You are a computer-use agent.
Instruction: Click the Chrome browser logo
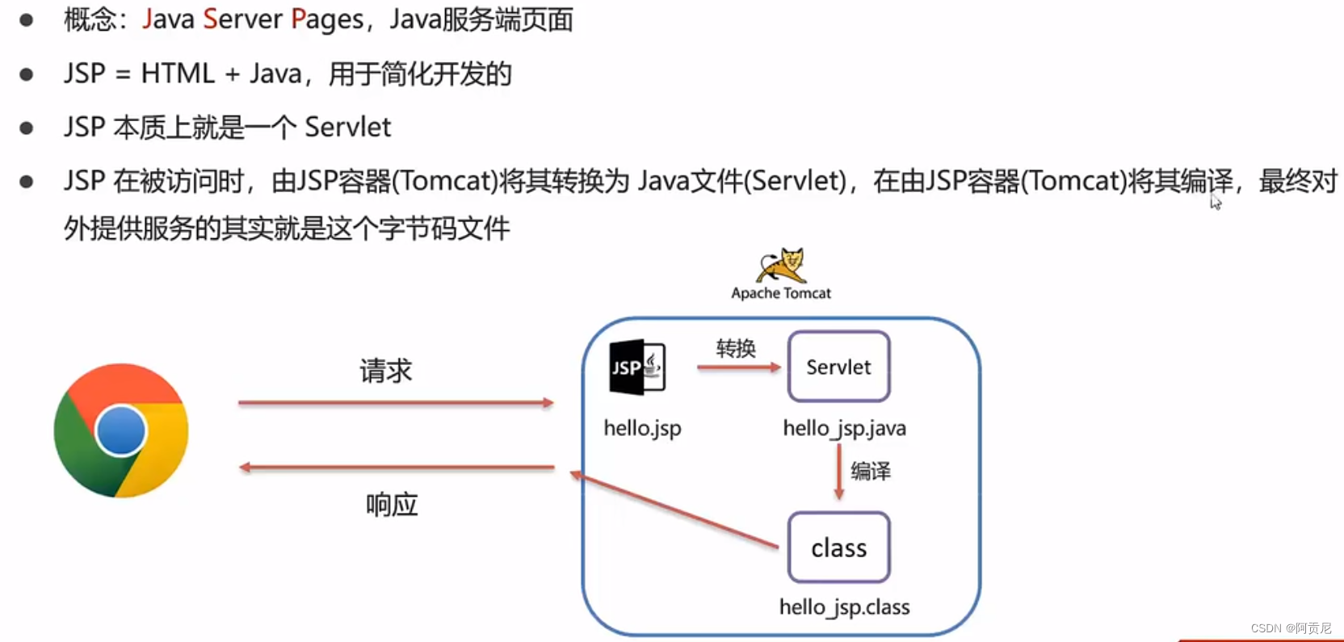[121, 430]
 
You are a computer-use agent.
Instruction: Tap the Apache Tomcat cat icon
[781, 265]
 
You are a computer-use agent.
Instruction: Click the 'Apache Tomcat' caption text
[781, 293]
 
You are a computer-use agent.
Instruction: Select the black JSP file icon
[637, 367]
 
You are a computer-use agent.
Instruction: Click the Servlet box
[838, 367]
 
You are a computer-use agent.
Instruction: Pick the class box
[838, 548]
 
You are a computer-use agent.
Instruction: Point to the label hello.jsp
[642, 428]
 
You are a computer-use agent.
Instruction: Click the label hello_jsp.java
[844, 428]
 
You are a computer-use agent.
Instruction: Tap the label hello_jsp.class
[844, 607]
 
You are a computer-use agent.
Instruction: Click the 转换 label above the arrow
[736, 348]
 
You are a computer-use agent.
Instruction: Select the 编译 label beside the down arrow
[871, 471]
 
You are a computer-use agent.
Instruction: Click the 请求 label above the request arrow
[385, 371]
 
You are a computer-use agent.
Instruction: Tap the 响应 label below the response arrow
[392, 505]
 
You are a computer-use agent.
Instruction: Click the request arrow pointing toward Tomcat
[396, 402]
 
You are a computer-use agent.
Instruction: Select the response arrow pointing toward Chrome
[396, 468]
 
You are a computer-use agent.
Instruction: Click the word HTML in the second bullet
[178, 73]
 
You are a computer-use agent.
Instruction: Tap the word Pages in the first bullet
[327, 19]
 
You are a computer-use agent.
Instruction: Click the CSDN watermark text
[1291, 627]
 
